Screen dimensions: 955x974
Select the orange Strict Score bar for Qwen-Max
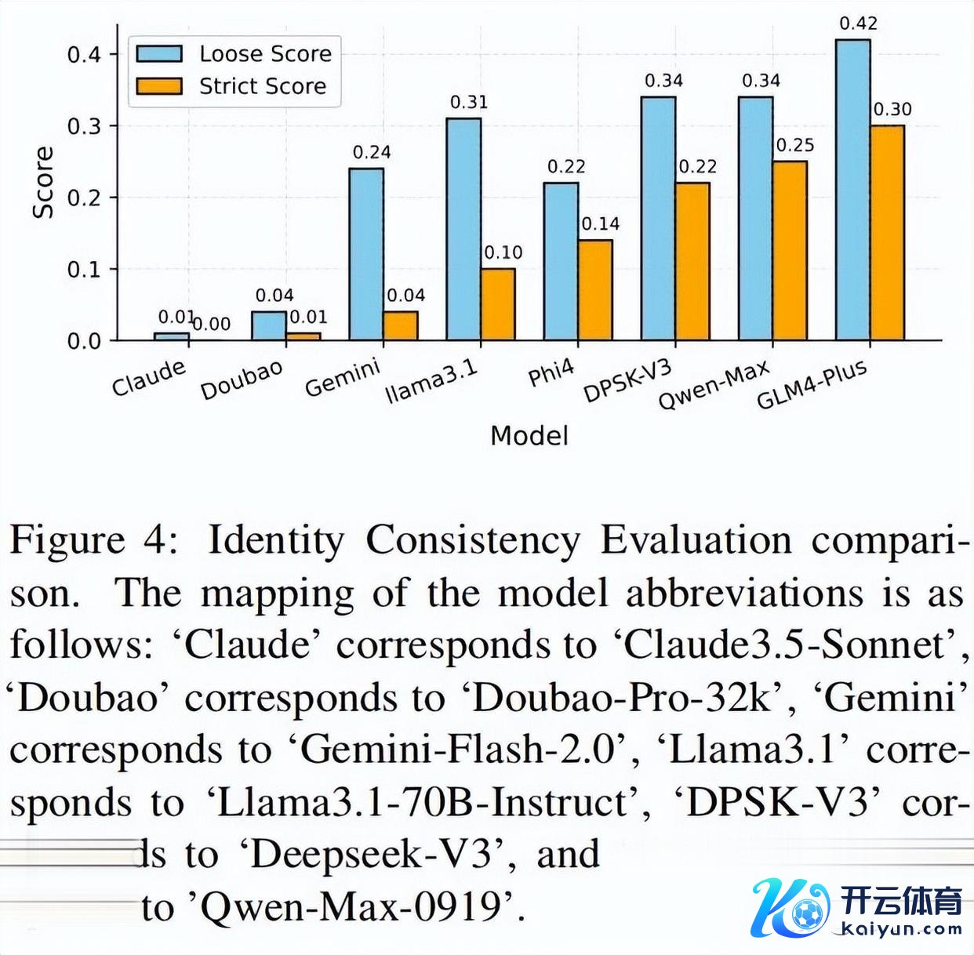[x=790, y=251]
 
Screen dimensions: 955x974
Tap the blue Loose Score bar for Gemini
[x=366, y=254]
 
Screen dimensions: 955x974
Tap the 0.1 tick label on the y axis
[x=84, y=269]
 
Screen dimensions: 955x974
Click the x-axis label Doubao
[x=241, y=380]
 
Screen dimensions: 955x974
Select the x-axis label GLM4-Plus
[x=812, y=385]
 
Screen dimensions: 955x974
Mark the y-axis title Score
[x=44, y=182]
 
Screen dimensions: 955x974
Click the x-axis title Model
[x=529, y=436]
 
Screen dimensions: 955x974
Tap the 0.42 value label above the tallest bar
[x=858, y=24]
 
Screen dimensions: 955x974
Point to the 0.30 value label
[x=892, y=109]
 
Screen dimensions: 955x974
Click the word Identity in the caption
[x=275, y=541]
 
